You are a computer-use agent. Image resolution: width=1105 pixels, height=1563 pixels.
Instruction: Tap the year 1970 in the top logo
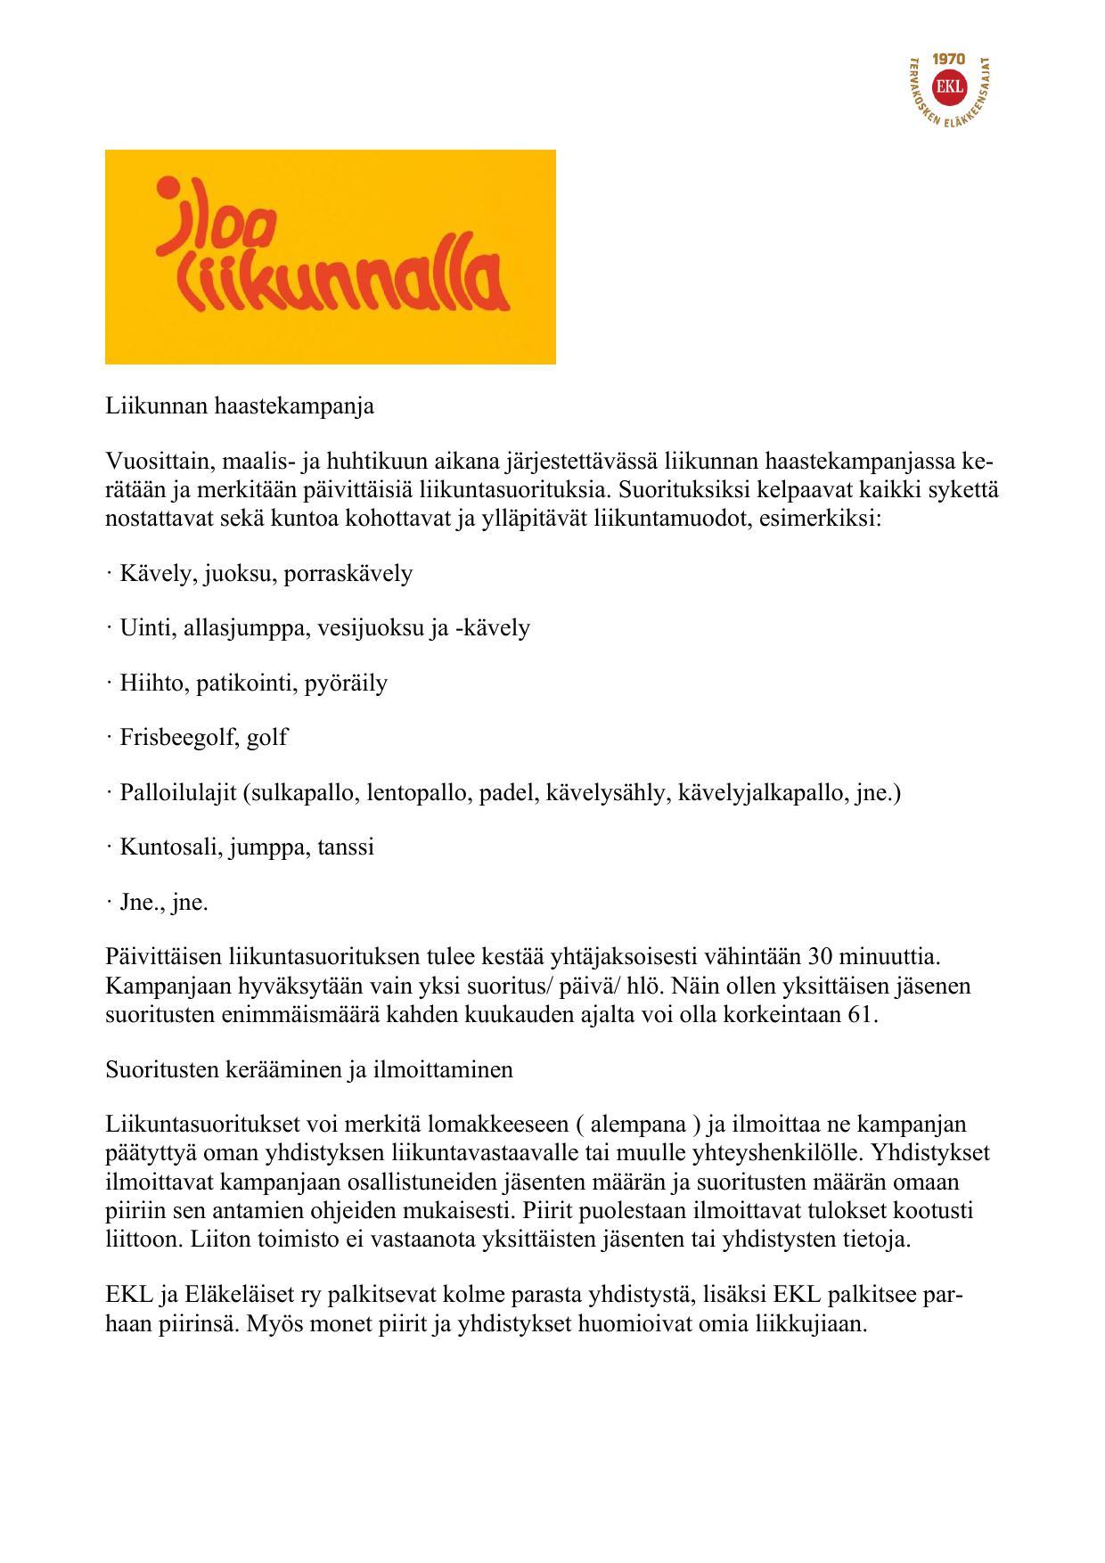(948, 59)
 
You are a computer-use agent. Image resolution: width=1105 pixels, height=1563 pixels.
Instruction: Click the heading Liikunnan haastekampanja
(240, 406)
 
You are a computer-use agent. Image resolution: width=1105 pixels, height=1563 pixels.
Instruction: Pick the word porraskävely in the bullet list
(348, 573)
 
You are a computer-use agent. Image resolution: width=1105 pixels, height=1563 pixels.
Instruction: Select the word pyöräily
(346, 683)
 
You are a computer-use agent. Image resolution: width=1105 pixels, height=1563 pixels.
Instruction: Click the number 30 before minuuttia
(819, 957)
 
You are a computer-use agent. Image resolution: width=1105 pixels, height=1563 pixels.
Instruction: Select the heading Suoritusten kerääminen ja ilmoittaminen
(309, 1069)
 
